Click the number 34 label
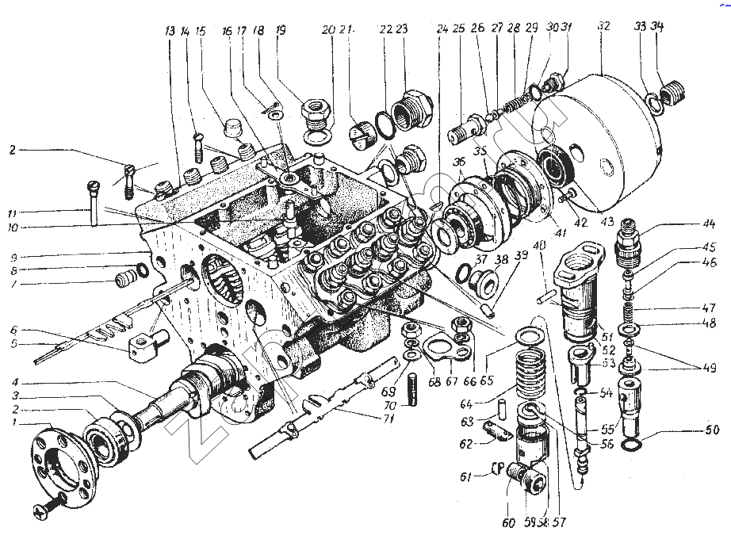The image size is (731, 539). [x=657, y=27]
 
